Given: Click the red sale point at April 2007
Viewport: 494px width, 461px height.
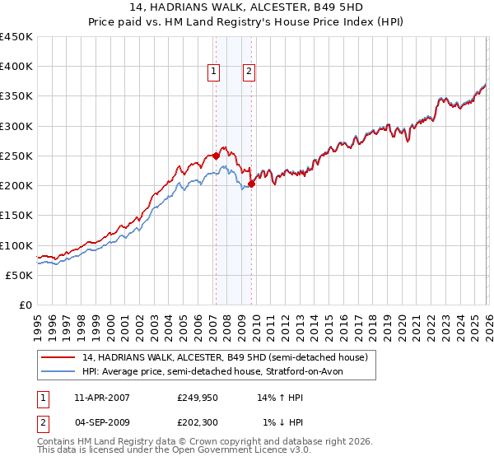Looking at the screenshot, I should pyautogui.click(x=216, y=155).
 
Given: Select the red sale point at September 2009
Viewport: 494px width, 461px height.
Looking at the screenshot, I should pyautogui.click(x=251, y=184).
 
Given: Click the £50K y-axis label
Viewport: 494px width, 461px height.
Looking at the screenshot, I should pyautogui.click(x=20, y=275).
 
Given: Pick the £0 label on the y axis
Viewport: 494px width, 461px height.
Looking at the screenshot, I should pyautogui.click(x=26, y=305).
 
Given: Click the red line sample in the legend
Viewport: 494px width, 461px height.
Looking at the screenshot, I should pyautogui.click(x=58, y=357).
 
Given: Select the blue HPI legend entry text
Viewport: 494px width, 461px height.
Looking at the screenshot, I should pyautogui.click(x=219, y=372).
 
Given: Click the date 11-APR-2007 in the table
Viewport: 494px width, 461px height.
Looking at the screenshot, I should pyautogui.click(x=101, y=398).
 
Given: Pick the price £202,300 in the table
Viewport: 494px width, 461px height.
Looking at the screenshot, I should pyautogui.click(x=198, y=422).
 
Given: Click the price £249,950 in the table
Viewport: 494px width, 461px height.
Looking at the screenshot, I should pyautogui.click(x=198, y=398).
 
